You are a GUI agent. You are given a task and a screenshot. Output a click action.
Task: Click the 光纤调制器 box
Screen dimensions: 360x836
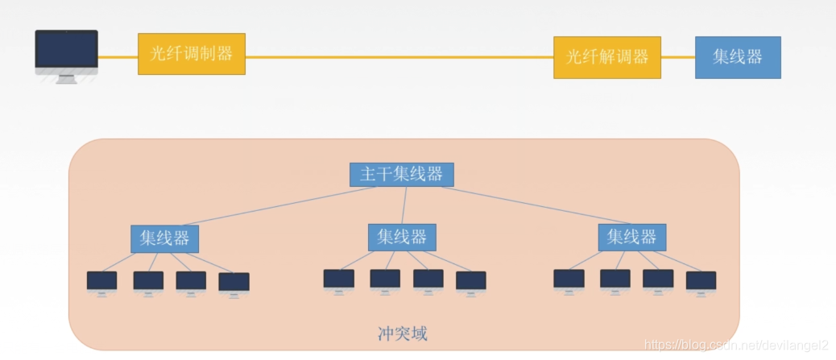pyautogui.click(x=191, y=54)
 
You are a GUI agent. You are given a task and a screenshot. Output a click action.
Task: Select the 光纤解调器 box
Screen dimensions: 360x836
pyautogui.click(x=607, y=57)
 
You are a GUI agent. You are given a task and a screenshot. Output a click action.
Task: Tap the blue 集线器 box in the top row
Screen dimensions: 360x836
pyautogui.click(x=738, y=57)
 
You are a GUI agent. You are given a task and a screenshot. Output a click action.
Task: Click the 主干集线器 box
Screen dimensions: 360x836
pyautogui.click(x=401, y=175)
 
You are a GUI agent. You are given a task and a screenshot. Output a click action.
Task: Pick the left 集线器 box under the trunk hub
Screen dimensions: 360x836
pyautogui.click(x=165, y=238)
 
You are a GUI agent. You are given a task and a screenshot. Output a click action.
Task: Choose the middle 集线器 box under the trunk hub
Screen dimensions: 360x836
pyautogui.click(x=402, y=237)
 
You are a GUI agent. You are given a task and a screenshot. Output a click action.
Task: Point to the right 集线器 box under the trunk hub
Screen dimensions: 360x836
pyautogui.click(x=632, y=237)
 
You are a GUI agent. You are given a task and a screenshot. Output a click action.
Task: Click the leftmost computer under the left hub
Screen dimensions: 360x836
pyautogui.click(x=102, y=282)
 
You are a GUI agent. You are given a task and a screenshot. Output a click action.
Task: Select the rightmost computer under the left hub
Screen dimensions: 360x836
pyautogui.click(x=234, y=283)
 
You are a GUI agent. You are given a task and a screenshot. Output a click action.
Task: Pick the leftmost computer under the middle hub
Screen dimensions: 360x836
pyautogui.click(x=339, y=280)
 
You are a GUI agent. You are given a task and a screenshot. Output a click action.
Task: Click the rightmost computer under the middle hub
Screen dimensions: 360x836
pyautogui.click(x=470, y=282)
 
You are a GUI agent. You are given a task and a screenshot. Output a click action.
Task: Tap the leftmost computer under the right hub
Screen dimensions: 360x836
pyautogui.click(x=569, y=280)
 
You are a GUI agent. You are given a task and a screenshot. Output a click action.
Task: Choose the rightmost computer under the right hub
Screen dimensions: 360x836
pyautogui.click(x=701, y=282)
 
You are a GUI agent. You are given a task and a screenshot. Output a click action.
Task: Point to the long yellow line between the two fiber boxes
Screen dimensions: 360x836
pyautogui.click(x=399, y=57)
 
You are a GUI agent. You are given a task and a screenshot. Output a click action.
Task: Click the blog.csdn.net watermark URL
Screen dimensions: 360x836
pyautogui.click(x=737, y=346)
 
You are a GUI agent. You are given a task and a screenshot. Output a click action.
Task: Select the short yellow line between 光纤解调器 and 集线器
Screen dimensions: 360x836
pyautogui.click(x=678, y=57)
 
